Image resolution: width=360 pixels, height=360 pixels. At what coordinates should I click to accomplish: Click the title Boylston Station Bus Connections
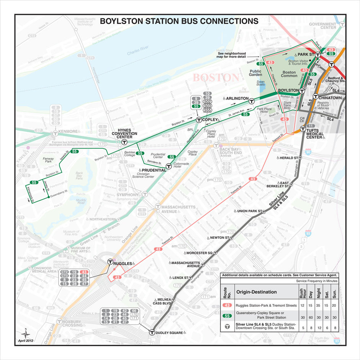coord(179,21)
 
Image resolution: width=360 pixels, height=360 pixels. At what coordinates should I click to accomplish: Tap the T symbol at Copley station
coord(199,120)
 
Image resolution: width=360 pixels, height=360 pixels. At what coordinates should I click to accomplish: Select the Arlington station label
coord(237,98)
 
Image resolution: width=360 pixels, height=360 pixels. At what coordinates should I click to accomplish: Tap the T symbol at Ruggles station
coord(110,262)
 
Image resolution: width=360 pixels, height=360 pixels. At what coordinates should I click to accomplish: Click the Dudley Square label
coord(169,333)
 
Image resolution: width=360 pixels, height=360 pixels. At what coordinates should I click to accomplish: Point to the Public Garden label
coord(255,74)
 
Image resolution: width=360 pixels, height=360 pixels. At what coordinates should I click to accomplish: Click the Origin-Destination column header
coord(256,292)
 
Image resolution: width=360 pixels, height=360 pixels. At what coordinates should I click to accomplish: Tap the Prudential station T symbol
coord(168,166)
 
